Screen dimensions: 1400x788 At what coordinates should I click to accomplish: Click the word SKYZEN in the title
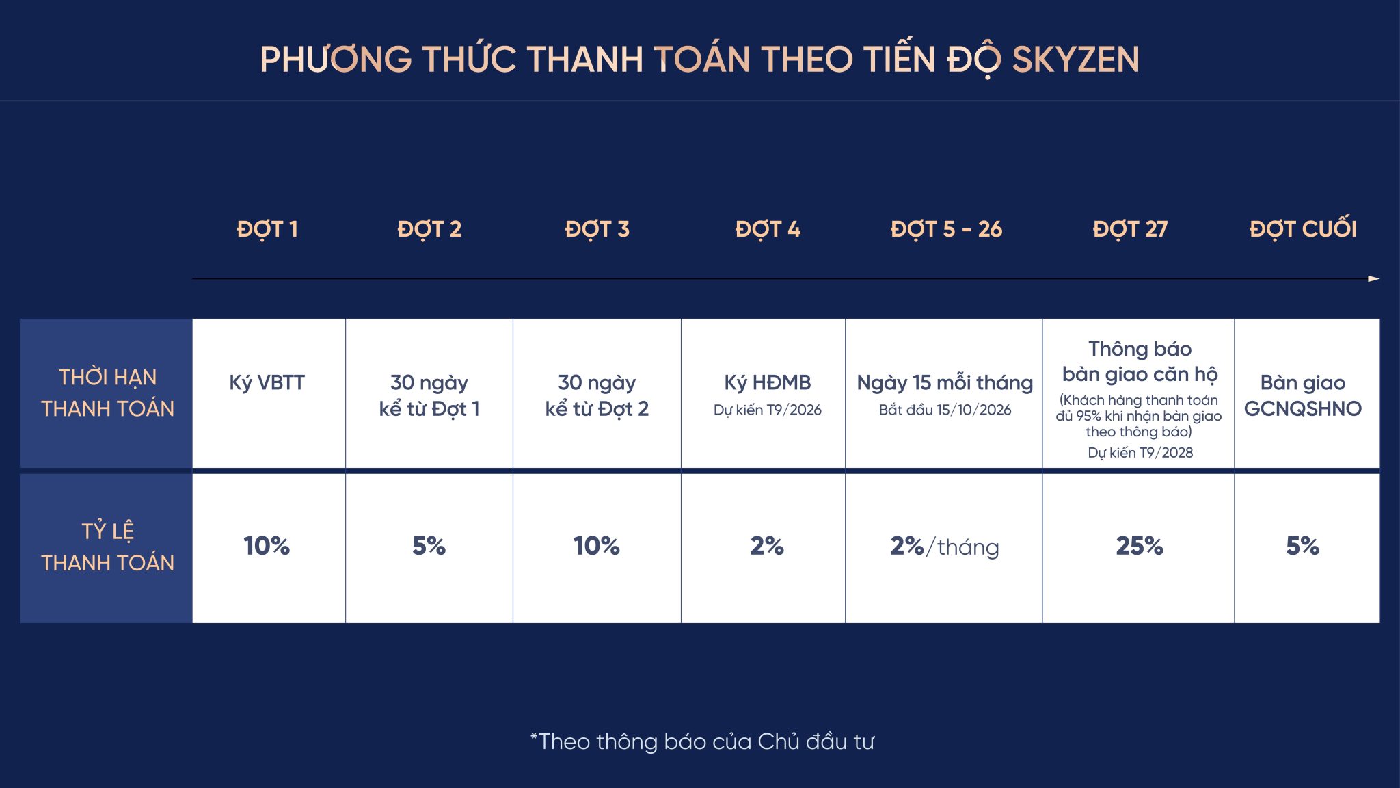tap(1075, 60)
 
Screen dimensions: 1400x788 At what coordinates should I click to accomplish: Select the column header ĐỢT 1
tap(267, 230)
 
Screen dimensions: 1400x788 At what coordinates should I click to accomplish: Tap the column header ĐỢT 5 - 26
tap(946, 230)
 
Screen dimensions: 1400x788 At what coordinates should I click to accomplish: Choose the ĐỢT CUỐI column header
tap(1303, 228)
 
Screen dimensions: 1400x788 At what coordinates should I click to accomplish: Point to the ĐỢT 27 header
tap(1130, 230)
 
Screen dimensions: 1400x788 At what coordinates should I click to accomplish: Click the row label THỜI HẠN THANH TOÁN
tap(107, 393)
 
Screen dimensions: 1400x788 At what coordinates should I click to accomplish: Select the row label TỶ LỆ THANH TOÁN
tap(107, 547)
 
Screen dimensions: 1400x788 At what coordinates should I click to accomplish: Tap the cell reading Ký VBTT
tap(267, 383)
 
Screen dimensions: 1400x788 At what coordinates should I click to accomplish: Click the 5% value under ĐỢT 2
tap(429, 546)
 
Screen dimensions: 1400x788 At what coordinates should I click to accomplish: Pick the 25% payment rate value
tap(1140, 546)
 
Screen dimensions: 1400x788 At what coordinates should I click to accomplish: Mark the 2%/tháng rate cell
tap(945, 547)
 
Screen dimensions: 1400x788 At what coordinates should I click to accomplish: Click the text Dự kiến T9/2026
tap(768, 410)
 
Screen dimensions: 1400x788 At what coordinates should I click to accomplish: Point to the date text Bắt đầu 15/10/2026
tap(945, 410)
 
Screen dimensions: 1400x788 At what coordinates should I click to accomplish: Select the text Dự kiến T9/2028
tap(1140, 453)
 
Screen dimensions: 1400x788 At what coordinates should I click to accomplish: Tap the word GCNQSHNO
tap(1303, 409)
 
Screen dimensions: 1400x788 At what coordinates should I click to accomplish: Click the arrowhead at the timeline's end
tap(1374, 279)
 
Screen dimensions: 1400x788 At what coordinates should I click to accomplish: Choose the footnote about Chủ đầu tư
tap(702, 742)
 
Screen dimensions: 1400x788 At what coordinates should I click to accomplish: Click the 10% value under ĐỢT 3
tap(597, 546)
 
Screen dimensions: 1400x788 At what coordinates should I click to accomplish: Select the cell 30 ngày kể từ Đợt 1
tap(429, 395)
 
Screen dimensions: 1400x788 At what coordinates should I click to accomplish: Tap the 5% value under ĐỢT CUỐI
tap(1303, 546)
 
